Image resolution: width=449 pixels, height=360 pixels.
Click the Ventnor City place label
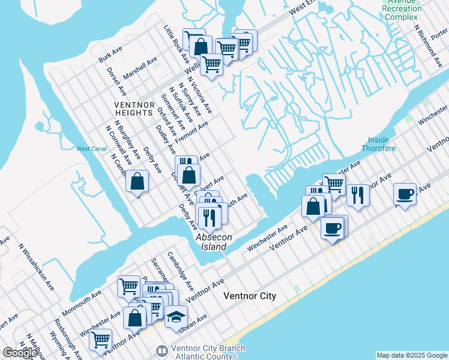pos(249,296)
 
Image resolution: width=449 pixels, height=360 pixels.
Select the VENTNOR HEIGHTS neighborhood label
pos(133,108)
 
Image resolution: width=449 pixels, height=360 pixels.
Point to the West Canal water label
pos(91,149)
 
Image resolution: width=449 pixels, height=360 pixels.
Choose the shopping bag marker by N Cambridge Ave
pos(137,180)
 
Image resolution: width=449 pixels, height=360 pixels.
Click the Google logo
pos(19,353)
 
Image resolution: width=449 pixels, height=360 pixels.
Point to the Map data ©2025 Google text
pos(412,355)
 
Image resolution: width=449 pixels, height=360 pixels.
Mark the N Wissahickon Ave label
pos(37,266)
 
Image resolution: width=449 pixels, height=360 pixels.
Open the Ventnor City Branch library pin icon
pos(161,350)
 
